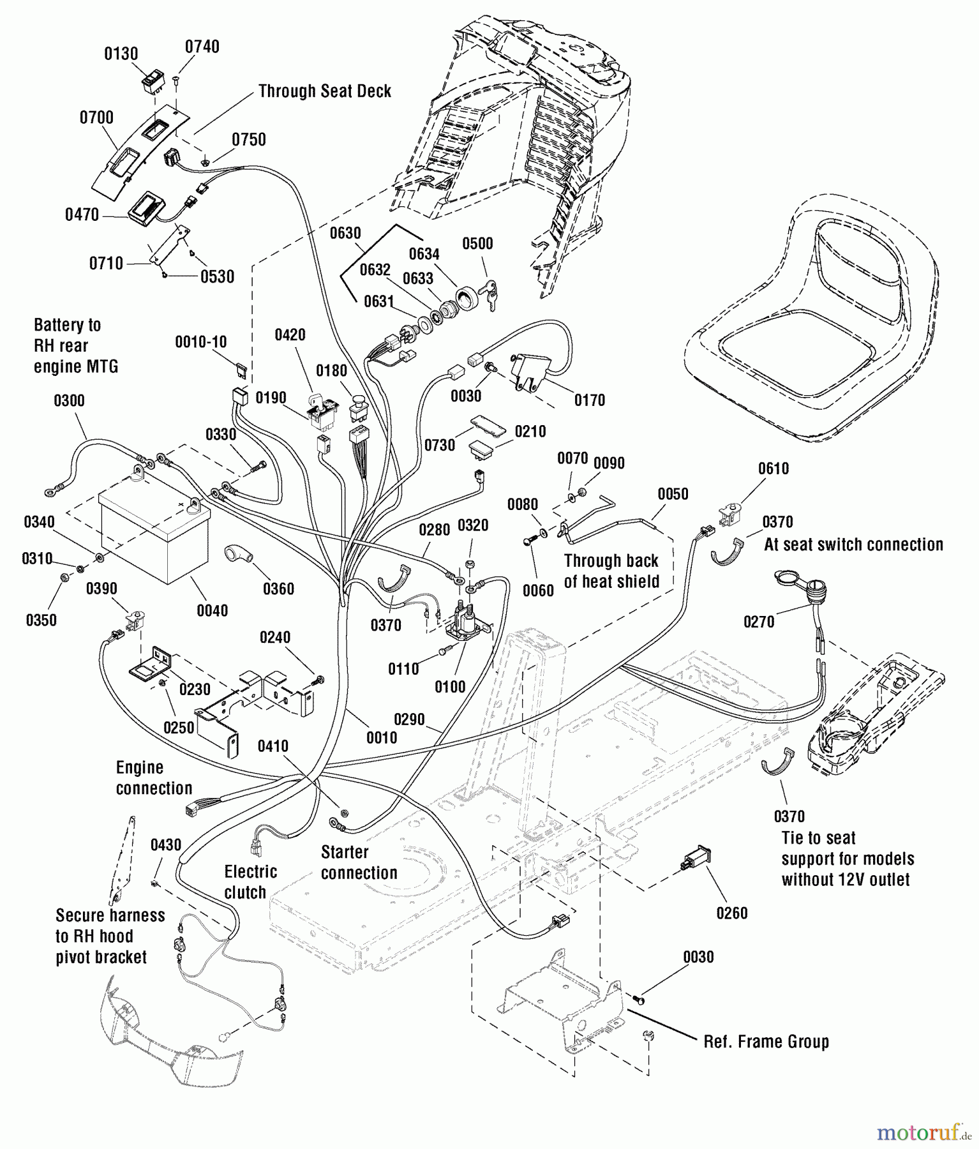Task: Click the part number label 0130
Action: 121,54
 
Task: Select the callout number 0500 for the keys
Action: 477,243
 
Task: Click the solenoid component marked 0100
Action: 469,623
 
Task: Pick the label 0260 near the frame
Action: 732,913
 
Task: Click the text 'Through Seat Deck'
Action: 325,91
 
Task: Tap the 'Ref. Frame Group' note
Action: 766,1042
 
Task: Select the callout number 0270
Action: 759,621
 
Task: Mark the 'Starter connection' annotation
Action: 359,862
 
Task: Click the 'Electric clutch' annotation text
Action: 250,882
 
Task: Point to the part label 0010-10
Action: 201,342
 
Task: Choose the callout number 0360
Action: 279,588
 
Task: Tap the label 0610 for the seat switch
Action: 773,469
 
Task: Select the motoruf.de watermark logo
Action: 923,1132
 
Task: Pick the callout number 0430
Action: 166,845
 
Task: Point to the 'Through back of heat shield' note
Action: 611,571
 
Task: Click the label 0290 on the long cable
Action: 409,719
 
